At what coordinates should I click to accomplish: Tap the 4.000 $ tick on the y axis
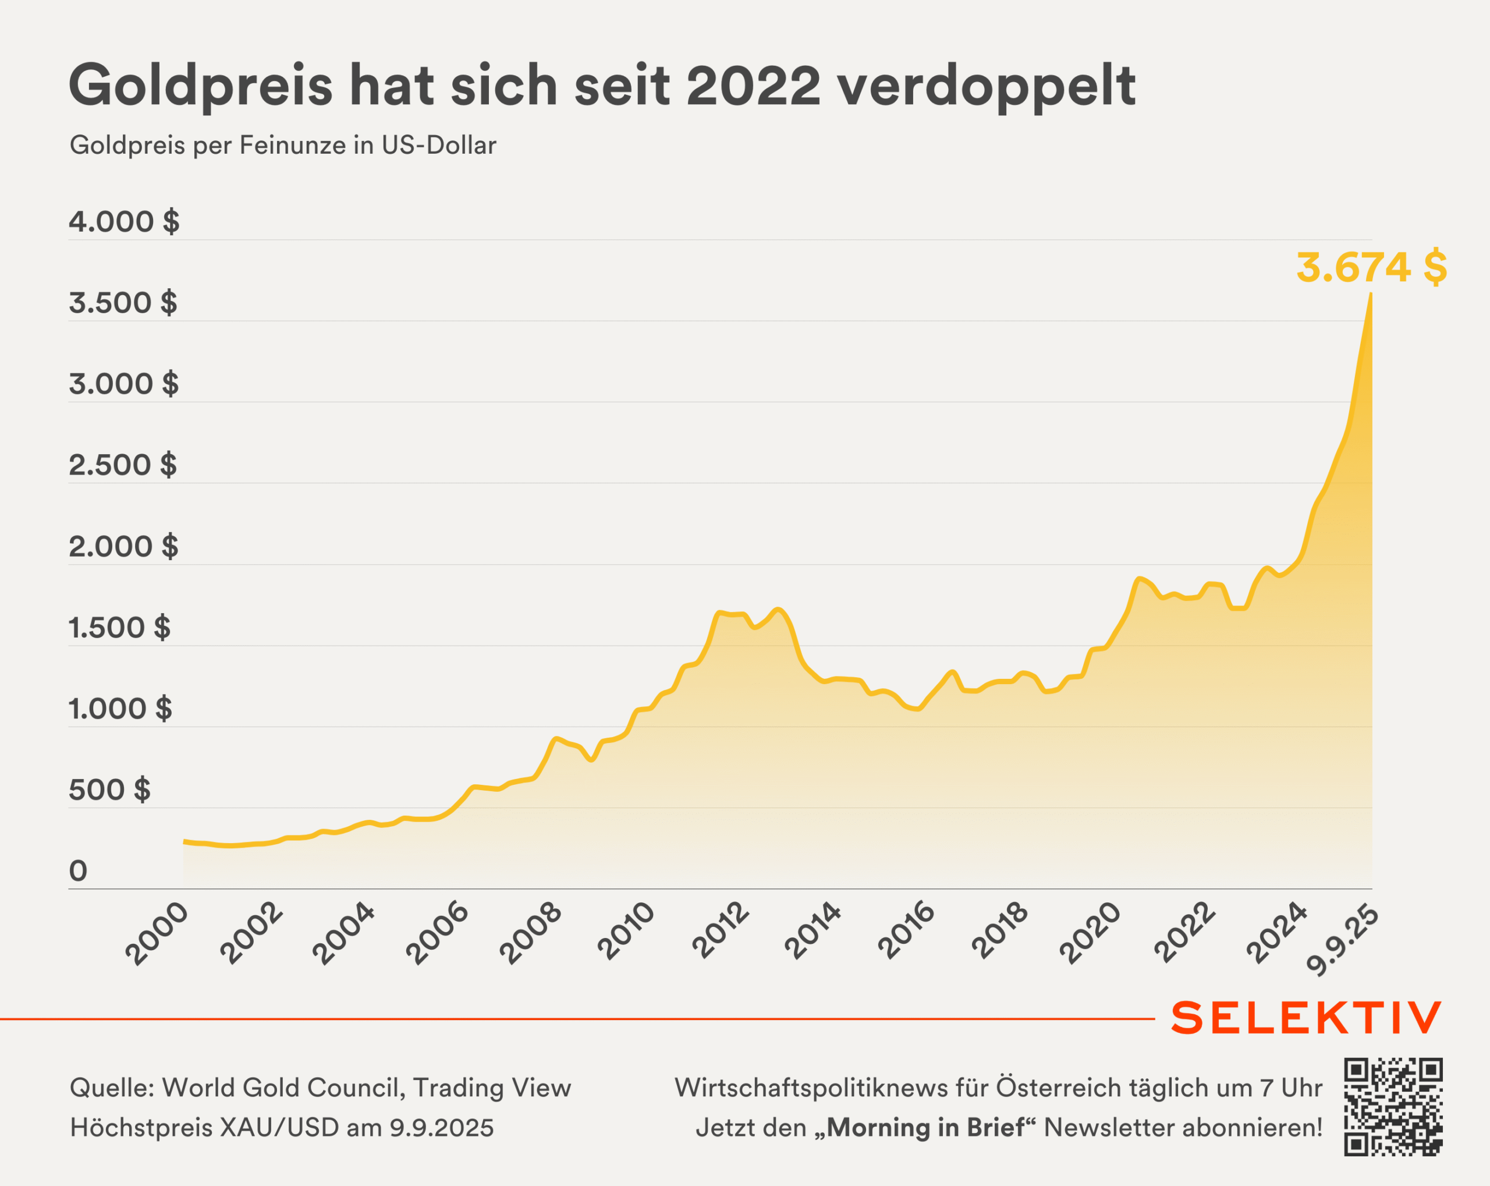coord(124,222)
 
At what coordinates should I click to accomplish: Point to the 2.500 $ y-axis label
coord(122,465)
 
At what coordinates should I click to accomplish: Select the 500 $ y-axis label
coord(109,790)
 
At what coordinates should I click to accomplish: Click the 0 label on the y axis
coord(78,871)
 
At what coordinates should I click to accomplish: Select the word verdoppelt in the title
coord(986,86)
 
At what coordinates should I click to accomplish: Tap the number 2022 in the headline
coord(753,86)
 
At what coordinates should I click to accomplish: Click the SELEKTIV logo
coord(1307,1018)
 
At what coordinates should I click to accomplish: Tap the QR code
coord(1393,1106)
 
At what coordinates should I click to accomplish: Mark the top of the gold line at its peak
coord(1371,295)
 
